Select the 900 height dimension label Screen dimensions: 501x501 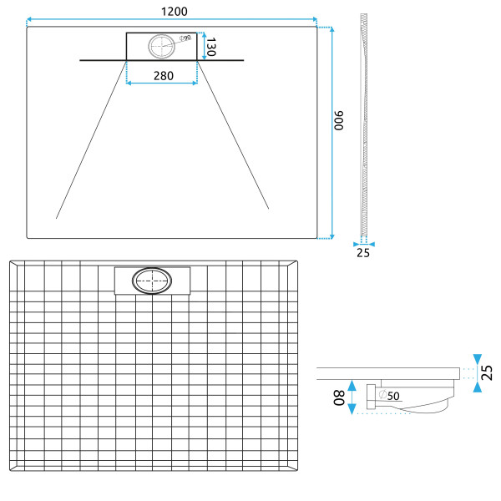point(340,122)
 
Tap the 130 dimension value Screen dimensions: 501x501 point(211,47)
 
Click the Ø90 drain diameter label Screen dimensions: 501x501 point(185,38)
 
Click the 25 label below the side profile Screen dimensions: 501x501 point(362,252)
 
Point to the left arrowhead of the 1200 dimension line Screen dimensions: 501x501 point(29,19)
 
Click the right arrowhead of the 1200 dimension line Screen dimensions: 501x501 point(314,19)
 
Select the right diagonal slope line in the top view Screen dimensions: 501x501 point(233,137)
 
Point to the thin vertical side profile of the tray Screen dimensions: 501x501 point(363,125)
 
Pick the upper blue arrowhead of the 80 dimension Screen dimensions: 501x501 point(353,385)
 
